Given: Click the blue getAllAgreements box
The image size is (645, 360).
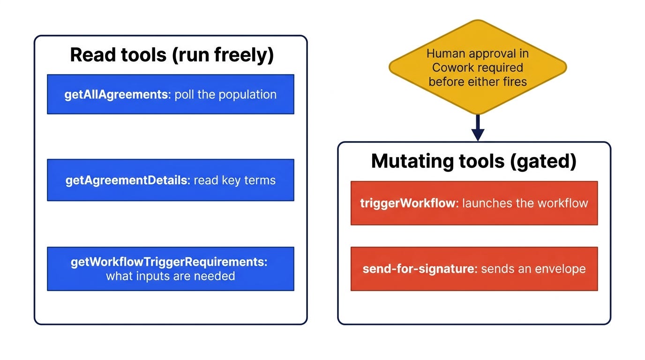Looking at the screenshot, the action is point(171,94).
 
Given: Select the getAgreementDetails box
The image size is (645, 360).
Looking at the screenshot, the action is point(171,180).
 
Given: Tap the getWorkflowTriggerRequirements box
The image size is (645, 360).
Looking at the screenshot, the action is point(171,269).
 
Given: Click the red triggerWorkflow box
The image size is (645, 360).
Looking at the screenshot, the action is point(474,203).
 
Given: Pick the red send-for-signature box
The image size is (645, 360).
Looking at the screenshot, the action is point(474,269).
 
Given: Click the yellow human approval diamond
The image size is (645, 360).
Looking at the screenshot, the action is point(478,67).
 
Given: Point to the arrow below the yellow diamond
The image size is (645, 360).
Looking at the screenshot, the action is point(478,128).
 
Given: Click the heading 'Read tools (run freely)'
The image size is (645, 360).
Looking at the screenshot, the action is point(172,55).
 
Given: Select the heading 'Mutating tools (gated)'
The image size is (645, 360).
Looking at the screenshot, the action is point(474,161).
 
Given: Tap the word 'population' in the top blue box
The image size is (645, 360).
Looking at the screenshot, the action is point(247,95).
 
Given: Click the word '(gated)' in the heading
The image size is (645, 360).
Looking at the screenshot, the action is point(543,161).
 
